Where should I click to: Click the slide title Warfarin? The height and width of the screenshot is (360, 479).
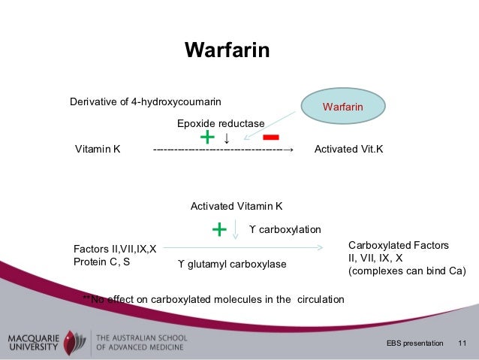pyautogui.click(x=227, y=51)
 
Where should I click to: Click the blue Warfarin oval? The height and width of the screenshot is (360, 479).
pyautogui.click(x=343, y=107)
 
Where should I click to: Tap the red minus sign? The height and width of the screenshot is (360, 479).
pyautogui.click(x=271, y=138)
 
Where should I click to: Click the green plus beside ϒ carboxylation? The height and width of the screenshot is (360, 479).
pyautogui.click(x=219, y=228)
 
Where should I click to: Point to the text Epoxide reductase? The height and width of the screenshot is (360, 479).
pyautogui.click(x=221, y=123)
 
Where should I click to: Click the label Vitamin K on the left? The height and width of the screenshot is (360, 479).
pyautogui.click(x=98, y=150)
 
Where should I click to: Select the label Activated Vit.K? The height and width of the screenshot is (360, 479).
pyautogui.click(x=348, y=150)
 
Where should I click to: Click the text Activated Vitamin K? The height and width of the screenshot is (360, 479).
pyautogui.click(x=236, y=206)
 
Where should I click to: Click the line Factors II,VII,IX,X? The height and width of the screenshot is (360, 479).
pyautogui.click(x=115, y=249)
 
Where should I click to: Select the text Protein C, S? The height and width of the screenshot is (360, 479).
pyautogui.click(x=101, y=262)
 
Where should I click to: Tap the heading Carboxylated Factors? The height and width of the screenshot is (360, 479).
pyautogui.click(x=399, y=245)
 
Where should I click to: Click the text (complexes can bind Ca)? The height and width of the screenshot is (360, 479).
pyautogui.click(x=407, y=271)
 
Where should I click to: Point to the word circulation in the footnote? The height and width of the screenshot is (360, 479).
pyautogui.click(x=321, y=300)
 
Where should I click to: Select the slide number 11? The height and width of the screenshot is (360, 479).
pyautogui.click(x=462, y=343)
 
